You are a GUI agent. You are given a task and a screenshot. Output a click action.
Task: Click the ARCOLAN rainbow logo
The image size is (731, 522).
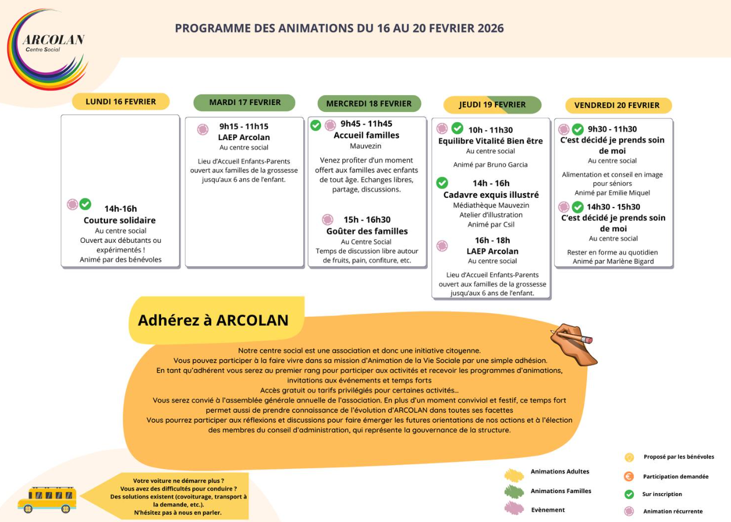click(x=47, y=48)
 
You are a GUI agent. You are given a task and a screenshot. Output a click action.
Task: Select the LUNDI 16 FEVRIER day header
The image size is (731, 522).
click(x=121, y=102)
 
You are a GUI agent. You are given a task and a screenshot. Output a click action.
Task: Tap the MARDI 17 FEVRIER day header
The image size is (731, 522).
click(x=244, y=102)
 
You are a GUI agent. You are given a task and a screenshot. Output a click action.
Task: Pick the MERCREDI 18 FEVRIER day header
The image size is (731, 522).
click(x=369, y=104)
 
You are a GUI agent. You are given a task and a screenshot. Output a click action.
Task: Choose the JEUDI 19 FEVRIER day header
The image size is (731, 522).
click(x=492, y=104)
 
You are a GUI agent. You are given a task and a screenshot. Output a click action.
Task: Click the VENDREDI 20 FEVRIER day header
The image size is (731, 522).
click(x=617, y=105)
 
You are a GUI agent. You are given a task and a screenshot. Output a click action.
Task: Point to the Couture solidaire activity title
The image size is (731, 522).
click(x=120, y=220)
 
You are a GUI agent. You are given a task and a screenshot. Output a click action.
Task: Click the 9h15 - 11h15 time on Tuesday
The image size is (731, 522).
click(x=244, y=126)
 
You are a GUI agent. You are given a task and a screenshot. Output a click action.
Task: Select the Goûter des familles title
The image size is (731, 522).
click(x=367, y=231)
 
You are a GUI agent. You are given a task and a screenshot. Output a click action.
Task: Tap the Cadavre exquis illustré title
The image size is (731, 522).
click(x=491, y=194)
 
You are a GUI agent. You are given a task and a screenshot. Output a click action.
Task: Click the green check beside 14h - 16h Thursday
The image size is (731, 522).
click(x=442, y=183)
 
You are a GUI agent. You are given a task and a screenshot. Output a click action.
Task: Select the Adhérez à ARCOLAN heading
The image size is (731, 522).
click(x=212, y=320)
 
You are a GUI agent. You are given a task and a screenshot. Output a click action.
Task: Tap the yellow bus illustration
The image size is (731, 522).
click(x=47, y=500)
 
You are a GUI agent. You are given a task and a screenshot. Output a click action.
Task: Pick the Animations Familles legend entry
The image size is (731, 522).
click(x=561, y=491)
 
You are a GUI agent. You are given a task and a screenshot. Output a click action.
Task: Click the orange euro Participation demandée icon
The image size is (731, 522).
click(x=629, y=476)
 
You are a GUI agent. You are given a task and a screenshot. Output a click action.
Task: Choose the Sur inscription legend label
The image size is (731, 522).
click(x=662, y=494)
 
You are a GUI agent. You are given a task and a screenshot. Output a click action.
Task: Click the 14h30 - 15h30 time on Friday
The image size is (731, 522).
click(x=613, y=206)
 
